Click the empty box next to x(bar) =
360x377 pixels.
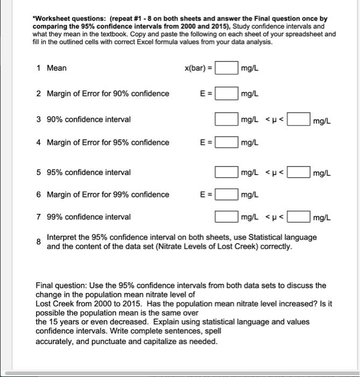coord(227,68)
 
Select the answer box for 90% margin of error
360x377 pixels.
coord(227,94)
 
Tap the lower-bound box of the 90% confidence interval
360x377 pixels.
coord(227,119)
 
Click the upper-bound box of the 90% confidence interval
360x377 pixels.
coord(299,119)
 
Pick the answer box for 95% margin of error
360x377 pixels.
coord(227,143)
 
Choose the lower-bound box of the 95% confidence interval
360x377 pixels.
coord(227,172)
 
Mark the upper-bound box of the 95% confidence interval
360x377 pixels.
coord(299,172)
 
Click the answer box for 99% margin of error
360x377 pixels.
coord(227,194)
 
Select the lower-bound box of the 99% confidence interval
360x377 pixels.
coord(227,217)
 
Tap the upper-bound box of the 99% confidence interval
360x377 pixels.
coord(299,217)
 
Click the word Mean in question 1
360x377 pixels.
coord(57,68)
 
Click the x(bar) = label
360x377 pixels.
coord(198,68)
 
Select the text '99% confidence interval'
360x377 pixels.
coord(88,217)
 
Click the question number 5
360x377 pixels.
coord(39,172)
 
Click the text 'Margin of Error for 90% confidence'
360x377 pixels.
coord(108,94)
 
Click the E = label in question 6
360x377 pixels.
coord(206,194)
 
